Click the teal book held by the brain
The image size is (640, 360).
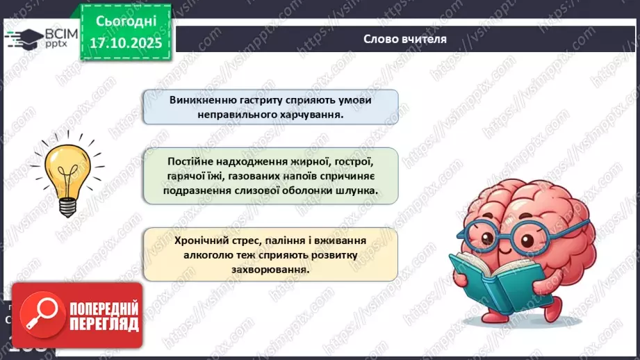pyautogui.click(x=488, y=281)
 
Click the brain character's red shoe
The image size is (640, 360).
pyautogui.click(x=552, y=310)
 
